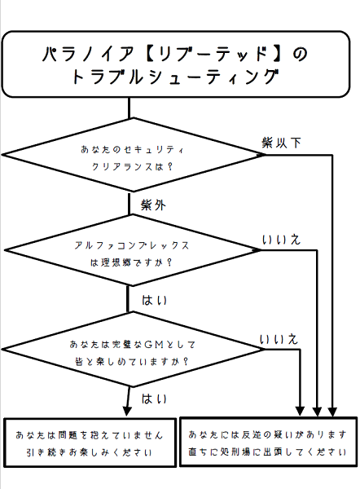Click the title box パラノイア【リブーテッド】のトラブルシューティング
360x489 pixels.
pyautogui.click(x=175, y=64)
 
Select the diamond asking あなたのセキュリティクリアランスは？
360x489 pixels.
pyautogui.click(x=134, y=155)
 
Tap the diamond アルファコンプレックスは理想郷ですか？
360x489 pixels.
pyautogui.click(x=133, y=250)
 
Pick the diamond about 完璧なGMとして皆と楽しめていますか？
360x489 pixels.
pyautogui.click(x=134, y=350)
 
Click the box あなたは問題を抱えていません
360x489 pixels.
pyautogui.click(x=90, y=443)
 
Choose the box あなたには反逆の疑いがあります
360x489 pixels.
pyautogui.click(x=268, y=442)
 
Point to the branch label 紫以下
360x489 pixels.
pyautogui.click(x=281, y=143)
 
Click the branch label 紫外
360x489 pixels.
pyautogui.click(x=153, y=205)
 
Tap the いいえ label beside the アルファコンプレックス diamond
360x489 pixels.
pyautogui.click(x=281, y=240)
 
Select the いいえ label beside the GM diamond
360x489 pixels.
pyautogui.click(x=279, y=339)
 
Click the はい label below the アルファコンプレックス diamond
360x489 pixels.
pyautogui.click(x=154, y=300)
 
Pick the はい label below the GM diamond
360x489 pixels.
pyautogui.click(x=154, y=399)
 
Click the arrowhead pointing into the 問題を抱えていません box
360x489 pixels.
pyautogui.click(x=127, y=412)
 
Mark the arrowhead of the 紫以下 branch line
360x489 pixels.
pyautogui.click(x=332, y=412)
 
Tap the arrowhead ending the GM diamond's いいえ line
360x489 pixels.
pyautogui.click(x=300, y=411)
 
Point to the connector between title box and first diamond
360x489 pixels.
pyautogui.click(x=129, y=108)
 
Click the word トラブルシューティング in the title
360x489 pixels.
pyautogui.click(x=175, y=77)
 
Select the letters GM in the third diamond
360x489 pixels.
pyautogui.click(x=154, y=344)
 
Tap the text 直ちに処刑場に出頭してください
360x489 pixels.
pyautogui.click(x=267, y=452)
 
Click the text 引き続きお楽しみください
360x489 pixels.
pyautogui.click(x=89, y=452)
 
